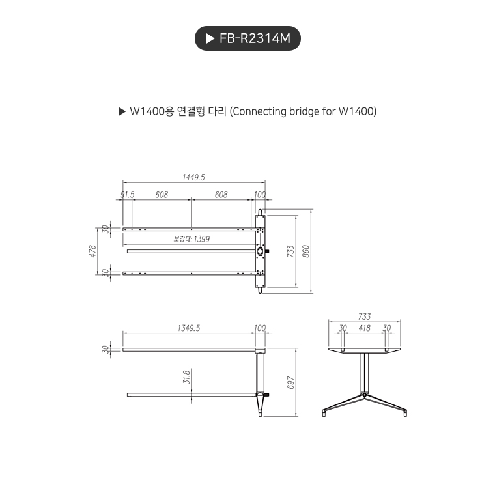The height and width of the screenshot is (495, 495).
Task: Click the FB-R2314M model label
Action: pyautogui.click(x=255, y=39)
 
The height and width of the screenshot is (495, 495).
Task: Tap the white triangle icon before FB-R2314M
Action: pyautogui.click(x=210, y=39)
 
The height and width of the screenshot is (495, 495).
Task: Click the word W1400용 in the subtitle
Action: pyautogui.click(x=151, y=111)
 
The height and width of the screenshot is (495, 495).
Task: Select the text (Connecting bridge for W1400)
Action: pyautogui.click(x=304, y=111)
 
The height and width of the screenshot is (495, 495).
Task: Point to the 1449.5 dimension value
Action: pyautogui.click(x=193, y=177)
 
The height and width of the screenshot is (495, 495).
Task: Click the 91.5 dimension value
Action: pyautogui.click(x=127, y=195)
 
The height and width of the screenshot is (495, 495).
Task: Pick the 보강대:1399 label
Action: pyautogui.click(x=191, y=239)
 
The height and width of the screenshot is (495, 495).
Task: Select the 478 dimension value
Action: pyautogui.click(x=93, y=250)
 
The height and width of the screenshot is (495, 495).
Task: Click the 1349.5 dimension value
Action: pyautogui.click(x=189, y=328)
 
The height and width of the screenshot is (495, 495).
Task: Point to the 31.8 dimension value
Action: pyautogui.click(x=186, y=377)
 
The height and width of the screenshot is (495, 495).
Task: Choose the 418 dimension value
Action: pyautogui.click(x=364, y=328)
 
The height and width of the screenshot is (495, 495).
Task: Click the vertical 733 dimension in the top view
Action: pyautogui.click(x=291, y=250)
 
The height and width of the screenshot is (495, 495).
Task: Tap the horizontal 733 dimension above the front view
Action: pyautogui.click(x=364, y=317)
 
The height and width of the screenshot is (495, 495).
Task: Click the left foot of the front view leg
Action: pyautogui.click(x=324, y=413)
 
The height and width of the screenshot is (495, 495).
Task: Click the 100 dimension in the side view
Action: pyautogui.click(x=260, y=328)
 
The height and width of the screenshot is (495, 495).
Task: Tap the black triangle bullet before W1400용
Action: pyautogui.click(x=122, y=111)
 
